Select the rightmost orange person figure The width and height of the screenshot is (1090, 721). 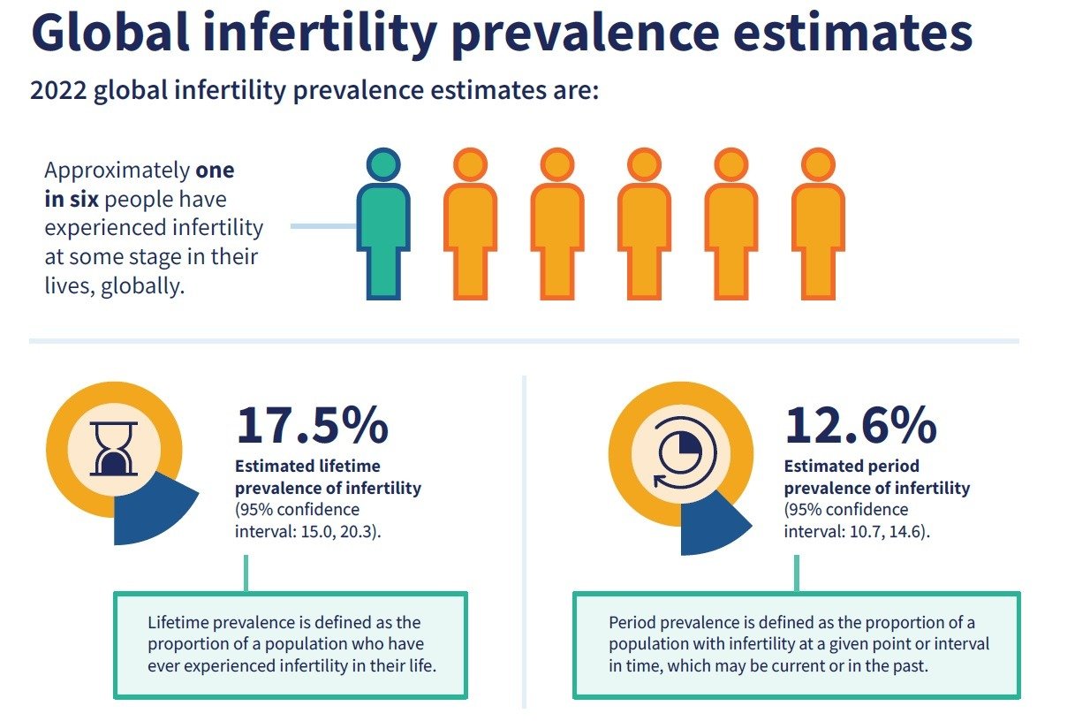click(x=818, y=230)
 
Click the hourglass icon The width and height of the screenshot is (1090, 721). click(x=114, y=448)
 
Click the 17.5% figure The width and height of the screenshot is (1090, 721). click(x=311, y=426)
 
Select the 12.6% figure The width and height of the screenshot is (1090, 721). click(x=860, y=426)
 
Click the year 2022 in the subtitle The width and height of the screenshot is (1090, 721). click(x=56, y=90)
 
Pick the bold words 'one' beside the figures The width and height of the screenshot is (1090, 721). click(x=215, y=170)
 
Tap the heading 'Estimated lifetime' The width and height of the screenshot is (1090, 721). click(x=307, y=466)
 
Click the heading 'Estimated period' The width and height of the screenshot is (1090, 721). click(x=852, y=466)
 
